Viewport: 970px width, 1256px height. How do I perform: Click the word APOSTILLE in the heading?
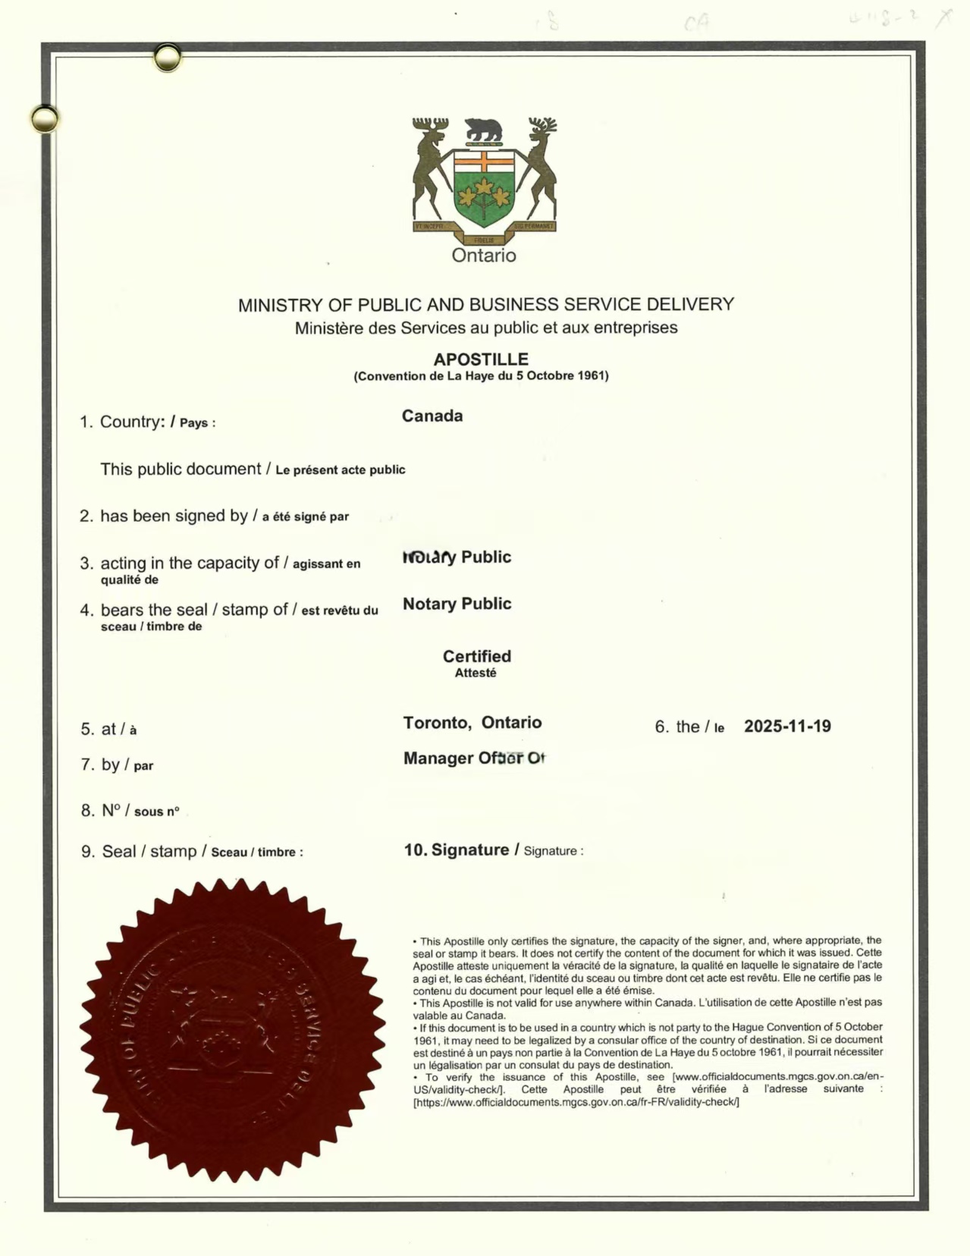click(481, 360)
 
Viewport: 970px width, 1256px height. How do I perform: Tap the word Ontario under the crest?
click(484, 256)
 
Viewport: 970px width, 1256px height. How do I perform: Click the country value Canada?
click(432, 416)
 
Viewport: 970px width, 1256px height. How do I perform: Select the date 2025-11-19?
click(787, 726)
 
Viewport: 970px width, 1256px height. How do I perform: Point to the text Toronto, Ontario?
click(472, 722)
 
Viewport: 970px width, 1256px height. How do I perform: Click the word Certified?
click(477, 656)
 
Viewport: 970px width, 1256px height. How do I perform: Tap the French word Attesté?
click(476, 673)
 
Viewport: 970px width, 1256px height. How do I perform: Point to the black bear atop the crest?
click(483, 130)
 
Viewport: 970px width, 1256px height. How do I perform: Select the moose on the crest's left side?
click(432, 167)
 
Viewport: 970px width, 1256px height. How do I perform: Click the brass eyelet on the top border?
click(167, 58)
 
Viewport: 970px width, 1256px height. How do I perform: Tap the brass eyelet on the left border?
click(45, 119)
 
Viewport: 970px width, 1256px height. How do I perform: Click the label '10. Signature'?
click(457, 850)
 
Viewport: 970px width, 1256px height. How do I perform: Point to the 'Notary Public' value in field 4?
click(457, 604)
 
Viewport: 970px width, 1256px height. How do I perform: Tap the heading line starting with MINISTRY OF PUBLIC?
click(486, 305)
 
